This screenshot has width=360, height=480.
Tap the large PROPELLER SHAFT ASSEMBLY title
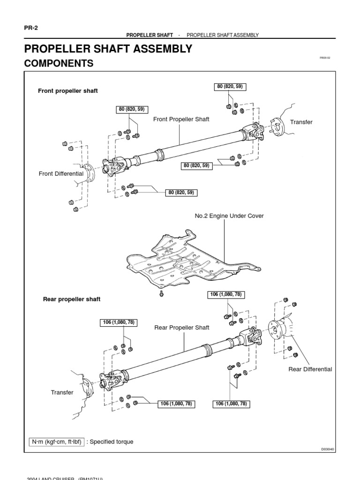[108, 48]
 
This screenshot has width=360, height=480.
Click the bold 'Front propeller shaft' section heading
[68, 91]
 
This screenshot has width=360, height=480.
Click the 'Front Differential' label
[61, 173]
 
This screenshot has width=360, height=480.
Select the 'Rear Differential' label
[310, 369]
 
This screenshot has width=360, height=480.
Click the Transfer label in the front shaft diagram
[301, 122]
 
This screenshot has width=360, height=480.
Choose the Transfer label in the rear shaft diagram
[62, 392]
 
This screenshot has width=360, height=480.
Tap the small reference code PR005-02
[325, 58]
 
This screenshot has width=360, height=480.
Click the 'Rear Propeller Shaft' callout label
[182, 328]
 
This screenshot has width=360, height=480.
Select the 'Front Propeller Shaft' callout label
[181, 120]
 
